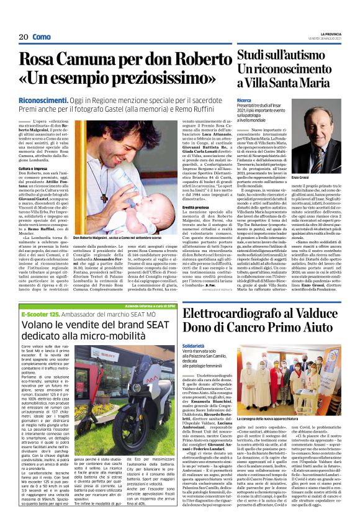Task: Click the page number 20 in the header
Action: tap(24, 37)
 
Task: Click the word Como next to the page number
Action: tap(42, 37)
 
